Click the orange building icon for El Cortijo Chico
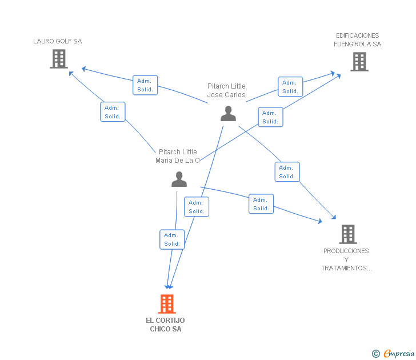(167, 304)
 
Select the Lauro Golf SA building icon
(59, 59)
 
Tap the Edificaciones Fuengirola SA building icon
(359, 62)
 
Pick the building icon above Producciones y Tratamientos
(348, 234)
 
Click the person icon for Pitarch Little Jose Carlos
(228, 114)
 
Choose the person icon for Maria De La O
(179, 179)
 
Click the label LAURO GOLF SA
(58, 41)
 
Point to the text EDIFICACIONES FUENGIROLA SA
(357, 40)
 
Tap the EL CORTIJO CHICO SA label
(165, 325)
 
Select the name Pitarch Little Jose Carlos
(226, 90)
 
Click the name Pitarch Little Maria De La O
(178, 156)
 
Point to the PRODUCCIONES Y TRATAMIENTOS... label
(346, 259)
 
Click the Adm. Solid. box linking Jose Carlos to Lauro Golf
(145, 85)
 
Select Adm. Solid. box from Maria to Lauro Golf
(113, 112)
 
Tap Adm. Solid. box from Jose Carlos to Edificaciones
(290, 87)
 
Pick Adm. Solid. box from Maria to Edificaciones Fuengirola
(271, 117)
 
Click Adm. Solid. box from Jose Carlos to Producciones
(287, 172)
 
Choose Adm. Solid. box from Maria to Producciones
(261, 204)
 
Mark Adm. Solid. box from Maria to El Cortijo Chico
(172, 239)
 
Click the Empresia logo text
(399, 354)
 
